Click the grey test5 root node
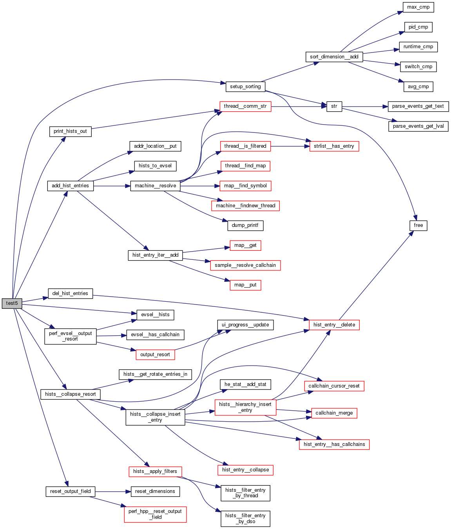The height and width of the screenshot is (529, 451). (12, 303)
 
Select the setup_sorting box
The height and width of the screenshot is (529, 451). (245, 87)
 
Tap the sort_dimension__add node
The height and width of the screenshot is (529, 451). (334, 57)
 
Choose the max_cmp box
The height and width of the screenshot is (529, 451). (418, 7)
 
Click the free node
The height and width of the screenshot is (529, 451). (418, 225)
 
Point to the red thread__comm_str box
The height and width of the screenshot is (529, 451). (245, 106)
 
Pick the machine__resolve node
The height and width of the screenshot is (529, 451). (155, 186)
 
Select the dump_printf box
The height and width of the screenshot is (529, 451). (245, 225)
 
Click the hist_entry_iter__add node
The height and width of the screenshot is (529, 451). (155, 255)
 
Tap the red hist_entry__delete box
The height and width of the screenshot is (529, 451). (334, 325)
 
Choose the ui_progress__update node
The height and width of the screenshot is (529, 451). (245, 325)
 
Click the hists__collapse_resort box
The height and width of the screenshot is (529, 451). (71, 394)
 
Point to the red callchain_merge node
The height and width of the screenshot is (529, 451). (334, 413)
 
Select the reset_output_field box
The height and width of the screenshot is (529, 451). (71, 491)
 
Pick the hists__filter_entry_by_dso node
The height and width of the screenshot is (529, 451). (245, 518)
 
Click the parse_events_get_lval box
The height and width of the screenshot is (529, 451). (418, 126)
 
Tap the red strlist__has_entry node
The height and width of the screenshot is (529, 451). (334, 146)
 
